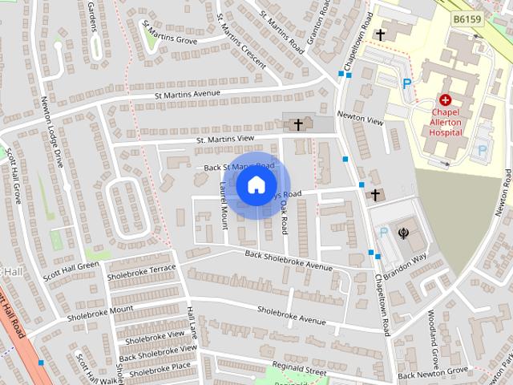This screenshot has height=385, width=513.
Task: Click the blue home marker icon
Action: pos(256,185)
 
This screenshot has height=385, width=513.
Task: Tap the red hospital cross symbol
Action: pos(445,100)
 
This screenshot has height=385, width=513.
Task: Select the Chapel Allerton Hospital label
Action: pos(446,122)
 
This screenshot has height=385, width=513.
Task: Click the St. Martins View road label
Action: pos(225,140)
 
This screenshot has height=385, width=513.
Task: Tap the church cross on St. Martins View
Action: pos(298,124)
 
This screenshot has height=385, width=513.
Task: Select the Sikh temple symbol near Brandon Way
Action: pos(403,233)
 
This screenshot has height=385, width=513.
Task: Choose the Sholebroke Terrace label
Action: pos(141,272)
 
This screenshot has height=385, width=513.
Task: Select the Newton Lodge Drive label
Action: pos(51,132)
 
